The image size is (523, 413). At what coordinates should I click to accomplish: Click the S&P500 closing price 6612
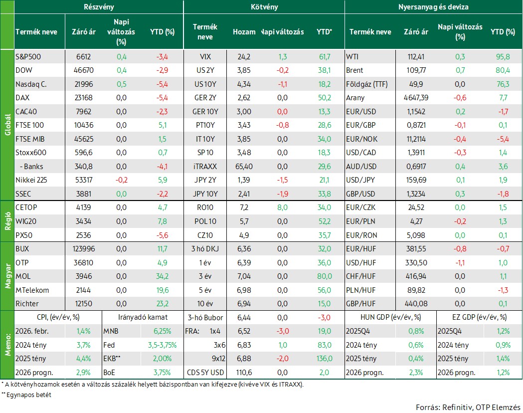coord(83,57)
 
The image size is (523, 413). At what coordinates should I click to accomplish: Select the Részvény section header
coord(99,7)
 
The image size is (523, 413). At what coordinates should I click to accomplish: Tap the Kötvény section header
coord(264,7)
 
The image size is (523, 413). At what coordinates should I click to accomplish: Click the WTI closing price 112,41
coord(416,57)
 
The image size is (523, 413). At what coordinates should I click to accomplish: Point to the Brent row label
coord(354,70)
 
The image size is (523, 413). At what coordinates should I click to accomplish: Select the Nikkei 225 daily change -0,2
coord(122,180)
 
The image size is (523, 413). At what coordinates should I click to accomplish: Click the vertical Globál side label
coord(7,125)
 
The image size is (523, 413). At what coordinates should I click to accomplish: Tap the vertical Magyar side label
coord(7,276)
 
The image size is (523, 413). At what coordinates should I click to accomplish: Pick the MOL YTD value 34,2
coord(163,276)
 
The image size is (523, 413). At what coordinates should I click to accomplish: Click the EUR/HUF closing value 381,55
coord(416,249)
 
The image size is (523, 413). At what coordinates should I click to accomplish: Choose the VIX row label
coord(205,57)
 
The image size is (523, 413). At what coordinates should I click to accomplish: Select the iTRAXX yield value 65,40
coord(244,167)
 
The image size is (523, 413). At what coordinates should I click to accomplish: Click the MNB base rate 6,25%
coord(163,331)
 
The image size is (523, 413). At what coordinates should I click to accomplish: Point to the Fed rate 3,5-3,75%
coord(163,345)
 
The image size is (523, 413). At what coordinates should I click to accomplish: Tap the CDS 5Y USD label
coord(205,372)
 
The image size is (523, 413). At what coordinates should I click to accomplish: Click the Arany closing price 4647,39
coord(416,98)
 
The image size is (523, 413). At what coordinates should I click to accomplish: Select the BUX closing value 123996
coord(83,249)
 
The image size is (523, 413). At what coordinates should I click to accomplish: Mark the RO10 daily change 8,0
coord(282,207)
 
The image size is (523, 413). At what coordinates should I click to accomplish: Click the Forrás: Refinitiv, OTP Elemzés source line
coord(468,408)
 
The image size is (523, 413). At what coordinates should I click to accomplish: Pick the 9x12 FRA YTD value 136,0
coord(324,359)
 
